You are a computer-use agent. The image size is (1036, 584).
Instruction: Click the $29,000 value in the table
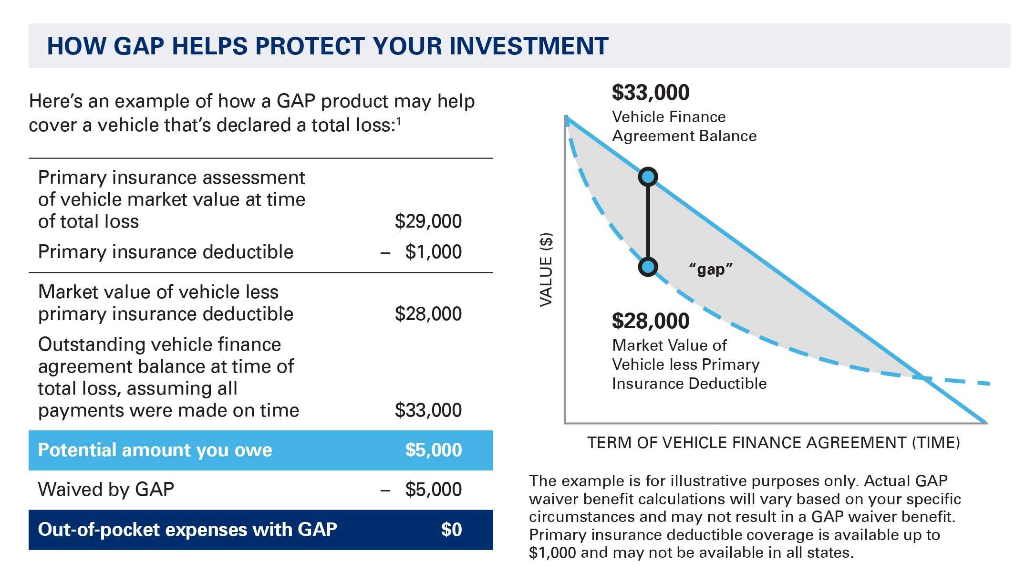point(428,221)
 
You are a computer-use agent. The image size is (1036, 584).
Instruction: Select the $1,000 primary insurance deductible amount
point(433,252)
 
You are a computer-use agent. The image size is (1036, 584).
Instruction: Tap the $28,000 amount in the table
point(428,314)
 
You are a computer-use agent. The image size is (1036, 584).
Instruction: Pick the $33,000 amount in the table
point(428,410)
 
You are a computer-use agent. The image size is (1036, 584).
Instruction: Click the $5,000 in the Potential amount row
point(433,450)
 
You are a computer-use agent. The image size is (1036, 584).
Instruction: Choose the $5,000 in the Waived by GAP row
point(433,490)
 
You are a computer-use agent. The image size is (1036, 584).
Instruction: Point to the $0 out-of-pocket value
point(451,530)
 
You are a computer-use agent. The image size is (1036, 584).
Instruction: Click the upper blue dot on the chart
point(648,177)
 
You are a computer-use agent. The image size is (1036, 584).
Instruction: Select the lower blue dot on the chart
point(648,267)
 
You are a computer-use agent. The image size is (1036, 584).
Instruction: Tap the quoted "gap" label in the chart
point(711,270)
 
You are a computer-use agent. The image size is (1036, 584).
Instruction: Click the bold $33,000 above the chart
point(651,93)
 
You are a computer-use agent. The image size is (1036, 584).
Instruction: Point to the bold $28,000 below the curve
point(651,321)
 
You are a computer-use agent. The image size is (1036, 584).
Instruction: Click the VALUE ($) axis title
point(546,270)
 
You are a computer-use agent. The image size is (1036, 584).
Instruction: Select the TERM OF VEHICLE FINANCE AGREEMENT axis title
point(773,443)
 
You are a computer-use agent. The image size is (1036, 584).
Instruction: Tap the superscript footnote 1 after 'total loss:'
point(398,121)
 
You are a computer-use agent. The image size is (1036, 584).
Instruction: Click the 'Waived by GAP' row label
point(106,490)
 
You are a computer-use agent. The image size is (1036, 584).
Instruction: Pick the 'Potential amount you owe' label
point(155,450)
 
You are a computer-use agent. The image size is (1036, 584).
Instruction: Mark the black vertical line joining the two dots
point(648,222)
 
